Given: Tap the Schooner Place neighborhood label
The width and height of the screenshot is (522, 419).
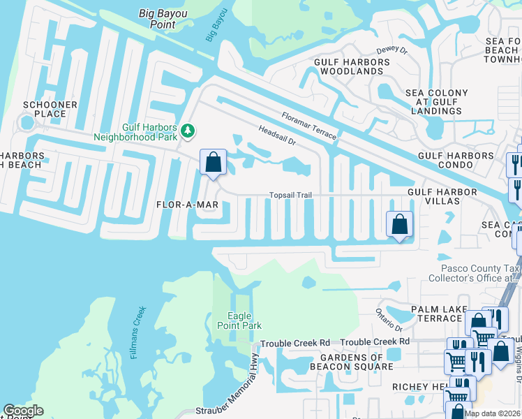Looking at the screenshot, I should click(50, 110).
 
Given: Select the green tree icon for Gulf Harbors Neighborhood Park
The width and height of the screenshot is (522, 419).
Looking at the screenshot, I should click(187, 131).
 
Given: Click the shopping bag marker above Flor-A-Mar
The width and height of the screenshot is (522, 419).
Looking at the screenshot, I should click(214, 162).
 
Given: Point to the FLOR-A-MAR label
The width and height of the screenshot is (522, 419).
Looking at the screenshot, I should click(187, 205).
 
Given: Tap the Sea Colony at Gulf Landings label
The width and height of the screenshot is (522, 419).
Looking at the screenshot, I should click(437, 101).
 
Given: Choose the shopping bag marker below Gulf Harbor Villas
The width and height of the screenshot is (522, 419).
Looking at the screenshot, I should click(399, 225).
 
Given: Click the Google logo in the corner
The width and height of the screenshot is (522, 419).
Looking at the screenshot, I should click(23, 411).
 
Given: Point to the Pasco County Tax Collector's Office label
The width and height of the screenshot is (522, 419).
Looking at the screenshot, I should click(481, 273).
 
